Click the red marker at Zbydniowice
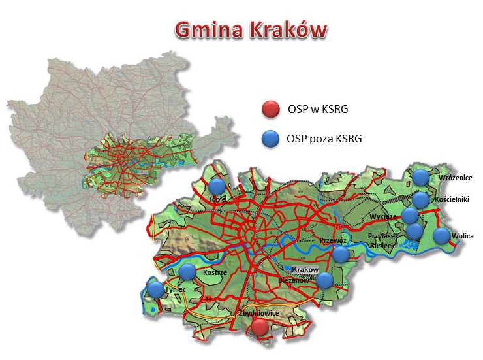(x=260, y=327)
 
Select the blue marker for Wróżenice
(x=421, y=176)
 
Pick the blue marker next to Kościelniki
(x=421, y=199)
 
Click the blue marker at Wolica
(x=442, y=236)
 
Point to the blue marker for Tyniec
(x=155, y=289)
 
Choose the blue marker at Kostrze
(x=187, y=271)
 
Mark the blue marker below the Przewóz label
(x=341, y=254)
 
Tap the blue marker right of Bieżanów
(x=325, y=280)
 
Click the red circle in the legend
(x=270, y=109)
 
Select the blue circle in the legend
(x=270, y=138)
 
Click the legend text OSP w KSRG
(x=317, y=109)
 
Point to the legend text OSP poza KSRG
(x=324, y=139)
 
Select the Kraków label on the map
(x=304, y=270)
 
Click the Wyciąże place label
(x=383, y=216)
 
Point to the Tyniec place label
(x=176, y=289)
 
